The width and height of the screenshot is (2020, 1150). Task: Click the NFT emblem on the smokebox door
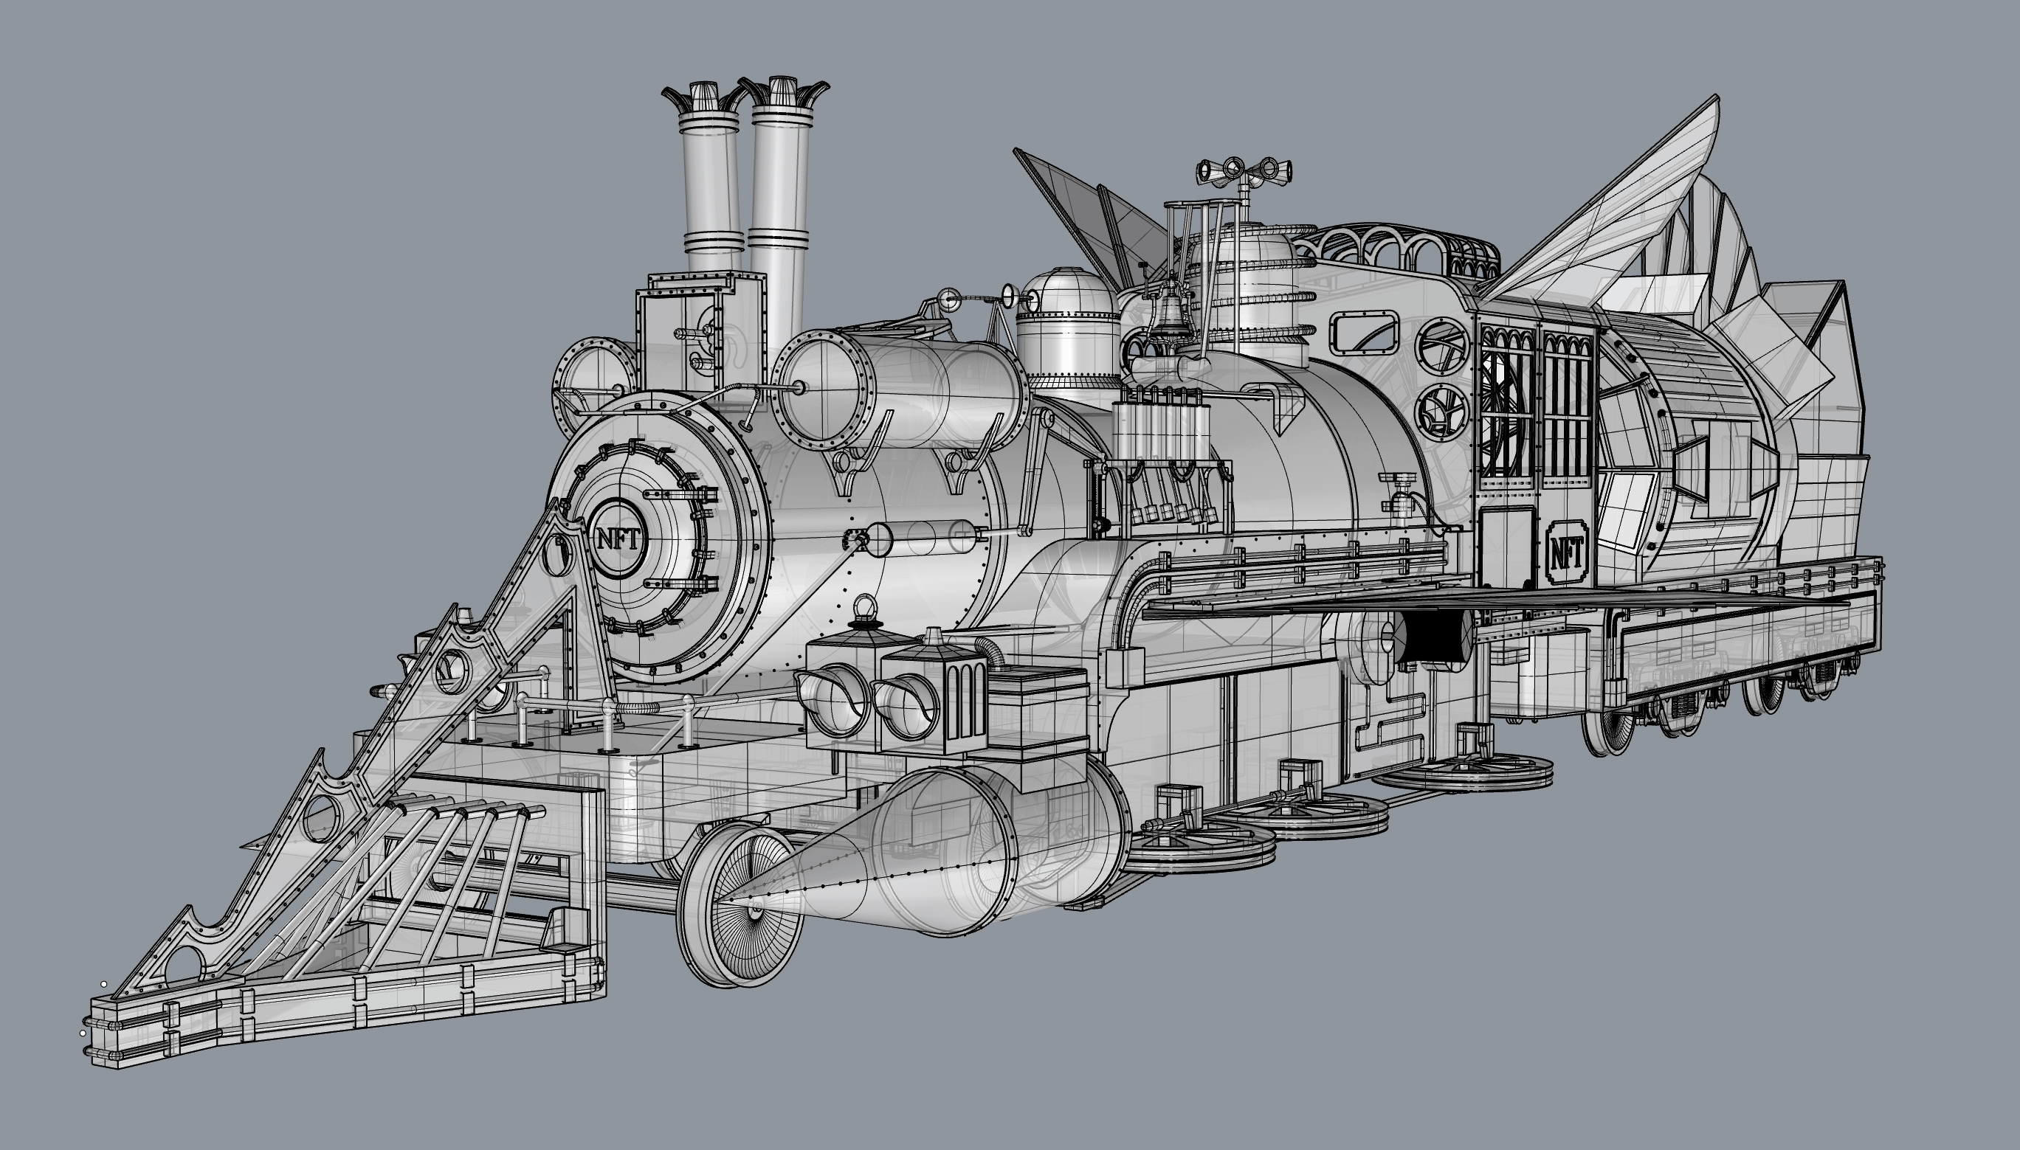(x=618, y=539)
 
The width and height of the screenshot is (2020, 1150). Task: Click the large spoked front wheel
(x=740, y=904)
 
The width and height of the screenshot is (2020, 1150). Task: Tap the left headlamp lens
(x=834, y=697)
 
